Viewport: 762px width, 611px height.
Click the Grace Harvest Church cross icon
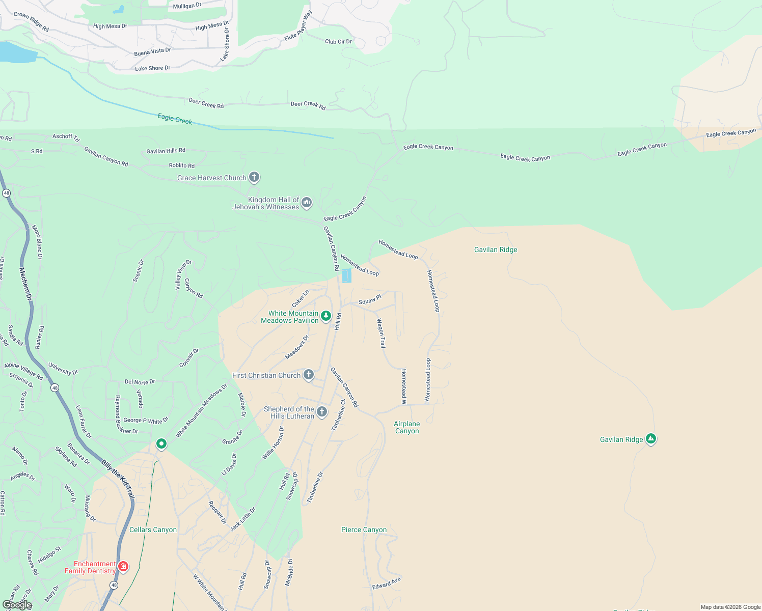254,177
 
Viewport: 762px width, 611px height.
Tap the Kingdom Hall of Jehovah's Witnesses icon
307,203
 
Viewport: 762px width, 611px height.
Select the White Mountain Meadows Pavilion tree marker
326,316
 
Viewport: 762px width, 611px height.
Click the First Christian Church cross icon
309,375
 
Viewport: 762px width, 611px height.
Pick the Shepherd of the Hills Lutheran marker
322,411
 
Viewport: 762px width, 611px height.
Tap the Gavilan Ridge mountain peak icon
650,438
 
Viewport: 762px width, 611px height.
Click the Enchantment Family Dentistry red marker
123,566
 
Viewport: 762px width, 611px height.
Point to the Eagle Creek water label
175,119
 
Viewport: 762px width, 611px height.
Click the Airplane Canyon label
407,427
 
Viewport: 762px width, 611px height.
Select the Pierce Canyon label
364,530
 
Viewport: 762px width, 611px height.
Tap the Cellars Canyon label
153,530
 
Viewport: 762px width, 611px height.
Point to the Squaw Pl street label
370,300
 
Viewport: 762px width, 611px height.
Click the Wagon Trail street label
381,333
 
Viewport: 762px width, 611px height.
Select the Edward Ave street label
386,583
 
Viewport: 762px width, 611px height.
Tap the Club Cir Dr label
338,41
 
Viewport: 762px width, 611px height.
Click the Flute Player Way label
298,26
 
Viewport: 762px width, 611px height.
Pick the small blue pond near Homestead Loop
346,276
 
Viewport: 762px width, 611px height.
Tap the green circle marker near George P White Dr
161,444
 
